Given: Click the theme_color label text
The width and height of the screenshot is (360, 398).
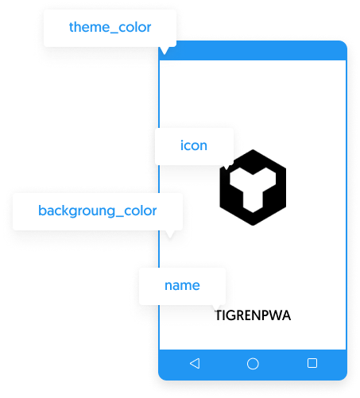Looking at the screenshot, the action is click(110, 28).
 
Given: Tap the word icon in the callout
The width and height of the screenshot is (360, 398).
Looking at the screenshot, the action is click(194, 145).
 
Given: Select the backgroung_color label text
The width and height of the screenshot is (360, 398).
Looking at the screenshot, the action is click(98, 211).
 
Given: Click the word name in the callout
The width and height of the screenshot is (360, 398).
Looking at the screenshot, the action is click(182, 285).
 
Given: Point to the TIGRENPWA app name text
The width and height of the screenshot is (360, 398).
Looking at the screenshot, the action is click(253, 315).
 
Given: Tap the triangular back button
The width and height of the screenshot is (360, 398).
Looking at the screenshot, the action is click(195, 363).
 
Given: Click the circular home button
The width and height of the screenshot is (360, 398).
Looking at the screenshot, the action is click(253, 364).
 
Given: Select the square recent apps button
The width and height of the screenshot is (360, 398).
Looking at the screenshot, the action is click(312, 363).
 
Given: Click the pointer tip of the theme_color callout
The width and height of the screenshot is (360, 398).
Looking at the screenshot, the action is click(165, 54).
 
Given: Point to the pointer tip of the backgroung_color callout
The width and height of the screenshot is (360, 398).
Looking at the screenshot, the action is click(170, 238).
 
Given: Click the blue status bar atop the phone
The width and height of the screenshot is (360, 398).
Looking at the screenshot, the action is click(253, 51).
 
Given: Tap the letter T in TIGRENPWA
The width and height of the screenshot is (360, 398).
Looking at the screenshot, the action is click(219, 315).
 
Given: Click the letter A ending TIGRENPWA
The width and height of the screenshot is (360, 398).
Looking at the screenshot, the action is click(286, 315).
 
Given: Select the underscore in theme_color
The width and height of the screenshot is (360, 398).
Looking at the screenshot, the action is click(114, 33).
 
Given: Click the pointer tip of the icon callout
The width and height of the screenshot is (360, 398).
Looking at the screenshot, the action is click(226, 169).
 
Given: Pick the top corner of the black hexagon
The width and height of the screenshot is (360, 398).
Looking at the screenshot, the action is click(253, 149).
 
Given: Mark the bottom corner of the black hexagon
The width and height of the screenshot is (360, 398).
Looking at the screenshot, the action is click(253, 226).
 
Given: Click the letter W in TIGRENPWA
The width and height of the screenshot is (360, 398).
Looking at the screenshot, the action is click(274, 315).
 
